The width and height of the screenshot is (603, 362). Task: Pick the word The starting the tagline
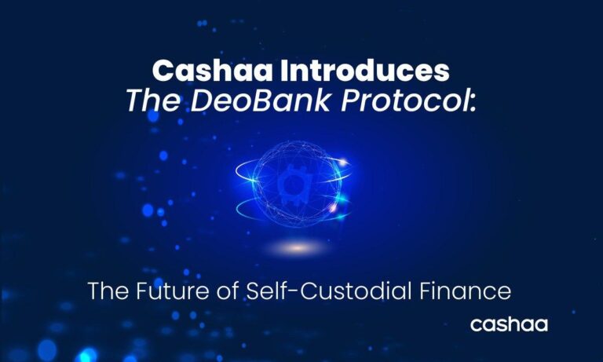pos(108,291)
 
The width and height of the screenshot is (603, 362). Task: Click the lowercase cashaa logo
pos(508,324)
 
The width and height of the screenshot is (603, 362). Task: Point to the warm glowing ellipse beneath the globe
pos(297,248)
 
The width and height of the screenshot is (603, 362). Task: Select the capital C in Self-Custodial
pos(296,291)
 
